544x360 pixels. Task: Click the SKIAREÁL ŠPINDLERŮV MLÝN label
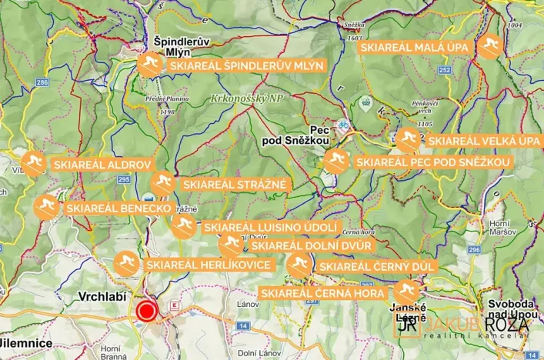(x=246, y=66)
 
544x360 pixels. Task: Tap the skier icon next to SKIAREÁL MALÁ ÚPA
(x=489, y=48)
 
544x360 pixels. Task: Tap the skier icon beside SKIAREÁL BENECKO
(x=45, y=207)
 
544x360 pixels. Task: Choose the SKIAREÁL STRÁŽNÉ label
(x=234, y=185)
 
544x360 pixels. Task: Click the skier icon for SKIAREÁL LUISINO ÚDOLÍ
(x=182, y=226)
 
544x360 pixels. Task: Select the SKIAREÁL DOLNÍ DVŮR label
(x=311, y=245)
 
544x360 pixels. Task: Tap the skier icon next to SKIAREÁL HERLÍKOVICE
(x=126, y=264)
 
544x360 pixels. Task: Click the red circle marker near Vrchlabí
(x=146, y=312)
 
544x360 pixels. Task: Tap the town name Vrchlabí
(x=102, y=296)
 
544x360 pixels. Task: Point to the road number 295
(x=124, y=179)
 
